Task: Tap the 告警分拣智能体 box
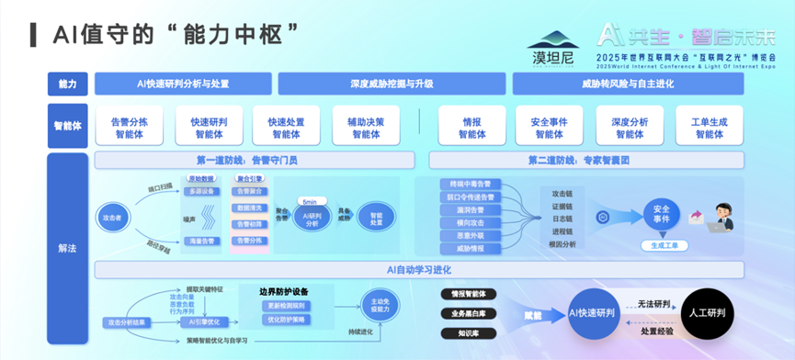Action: click(x=135, y=127)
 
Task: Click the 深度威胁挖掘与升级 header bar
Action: click(x=392, y=84)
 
